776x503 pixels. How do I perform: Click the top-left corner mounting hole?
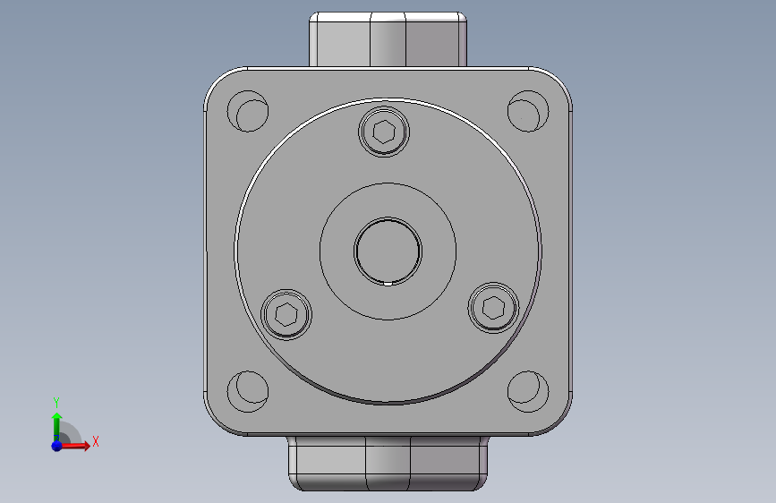[248, 111]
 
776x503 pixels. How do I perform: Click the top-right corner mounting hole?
[528, 111]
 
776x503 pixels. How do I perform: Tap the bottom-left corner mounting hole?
[248, 391]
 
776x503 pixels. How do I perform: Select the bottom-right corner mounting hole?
[528, 391]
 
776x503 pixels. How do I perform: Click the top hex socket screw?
[384, 132]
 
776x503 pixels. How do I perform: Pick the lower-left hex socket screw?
[286, 314]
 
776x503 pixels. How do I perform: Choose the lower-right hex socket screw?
[493, 308]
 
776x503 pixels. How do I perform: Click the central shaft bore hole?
[388, 251]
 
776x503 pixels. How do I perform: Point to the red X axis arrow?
[74, 446]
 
